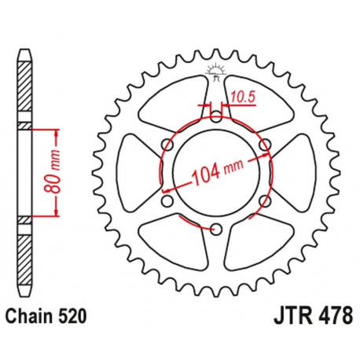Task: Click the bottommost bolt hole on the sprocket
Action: [215, 229]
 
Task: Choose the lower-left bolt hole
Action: [166, 200]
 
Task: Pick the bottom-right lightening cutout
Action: [256, 241]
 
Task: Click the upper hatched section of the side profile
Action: [26, 86]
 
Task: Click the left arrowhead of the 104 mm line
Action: [164, 189]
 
